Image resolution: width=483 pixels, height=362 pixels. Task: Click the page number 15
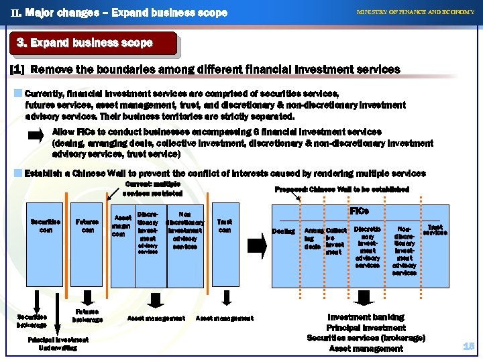tap(468, 346)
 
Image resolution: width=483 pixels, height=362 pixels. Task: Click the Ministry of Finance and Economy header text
tap(415, 12)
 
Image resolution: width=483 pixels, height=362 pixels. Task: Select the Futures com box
tap(87, 226)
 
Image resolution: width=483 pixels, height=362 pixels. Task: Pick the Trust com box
tap(225, 226)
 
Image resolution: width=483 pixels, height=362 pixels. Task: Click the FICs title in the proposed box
tap(360, 210)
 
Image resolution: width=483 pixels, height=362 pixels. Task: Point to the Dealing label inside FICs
tap(283, 231)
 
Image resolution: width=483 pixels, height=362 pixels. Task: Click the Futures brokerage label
tap(88, 315)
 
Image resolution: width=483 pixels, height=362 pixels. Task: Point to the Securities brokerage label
tap(31, 320)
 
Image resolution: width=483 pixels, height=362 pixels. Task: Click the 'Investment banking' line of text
tap(366, 317)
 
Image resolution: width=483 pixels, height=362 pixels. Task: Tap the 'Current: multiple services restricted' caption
tap(153, 188)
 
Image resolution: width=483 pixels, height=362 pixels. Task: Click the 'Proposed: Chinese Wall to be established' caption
tap(342, 190)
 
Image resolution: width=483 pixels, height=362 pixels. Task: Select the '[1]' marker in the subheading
tap(18, 69)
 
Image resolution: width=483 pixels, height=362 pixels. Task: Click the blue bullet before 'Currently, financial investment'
tap(18, 93)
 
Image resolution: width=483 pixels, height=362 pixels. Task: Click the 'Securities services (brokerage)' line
tap(366, 338)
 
